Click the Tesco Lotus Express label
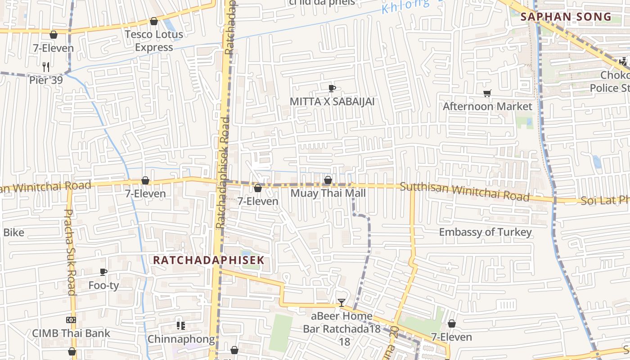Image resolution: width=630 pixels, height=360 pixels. (x=153, y=40)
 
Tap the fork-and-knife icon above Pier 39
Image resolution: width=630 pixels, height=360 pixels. (x=45, y=67)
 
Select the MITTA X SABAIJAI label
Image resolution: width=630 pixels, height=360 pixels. (x=332, y=101)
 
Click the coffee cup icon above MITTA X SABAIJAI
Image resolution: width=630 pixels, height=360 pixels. (x=332, y=88)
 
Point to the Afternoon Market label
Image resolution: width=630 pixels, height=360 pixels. (x=487, y=106)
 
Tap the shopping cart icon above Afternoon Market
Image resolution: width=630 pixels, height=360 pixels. (x=487, y=93)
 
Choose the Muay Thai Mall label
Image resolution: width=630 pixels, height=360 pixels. (x=328, y=193)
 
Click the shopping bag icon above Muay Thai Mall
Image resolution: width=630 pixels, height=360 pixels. (x=328, y=180)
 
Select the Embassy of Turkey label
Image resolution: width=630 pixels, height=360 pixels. (x=485, y=232)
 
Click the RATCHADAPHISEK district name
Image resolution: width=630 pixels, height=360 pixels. (x=208, y=260)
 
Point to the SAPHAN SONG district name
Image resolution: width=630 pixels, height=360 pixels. (x=566, y=17)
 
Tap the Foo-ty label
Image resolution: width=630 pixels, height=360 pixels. (x=103, y=285)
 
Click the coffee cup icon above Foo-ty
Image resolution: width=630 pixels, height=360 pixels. (x=103, y=272)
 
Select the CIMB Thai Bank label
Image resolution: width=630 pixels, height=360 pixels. (x=71, y=333)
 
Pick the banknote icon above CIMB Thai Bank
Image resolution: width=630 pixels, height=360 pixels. (x=71, y=320)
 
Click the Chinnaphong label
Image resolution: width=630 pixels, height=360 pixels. (x=181, y=339)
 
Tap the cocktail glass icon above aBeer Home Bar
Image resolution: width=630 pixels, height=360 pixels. (x=342, y=302)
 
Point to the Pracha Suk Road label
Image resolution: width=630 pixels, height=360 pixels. (x=70, y=252)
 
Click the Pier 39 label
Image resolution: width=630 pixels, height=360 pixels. (x=45, y=80)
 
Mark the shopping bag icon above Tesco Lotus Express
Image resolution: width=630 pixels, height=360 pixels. (x=154, y=21)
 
